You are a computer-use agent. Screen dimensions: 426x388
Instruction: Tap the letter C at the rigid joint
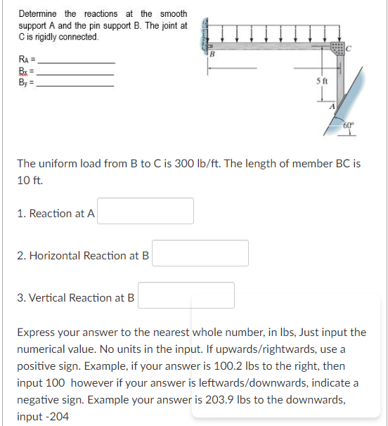(349, 48)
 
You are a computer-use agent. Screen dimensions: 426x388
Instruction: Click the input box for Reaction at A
(145, 211)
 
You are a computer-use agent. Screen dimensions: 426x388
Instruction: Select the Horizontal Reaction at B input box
(200, 253)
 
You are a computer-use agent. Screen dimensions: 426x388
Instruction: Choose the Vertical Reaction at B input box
(186, 295)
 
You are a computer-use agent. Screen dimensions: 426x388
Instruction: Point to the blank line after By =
(75, 85)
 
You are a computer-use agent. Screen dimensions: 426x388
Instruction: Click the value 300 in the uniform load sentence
(181, 163)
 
